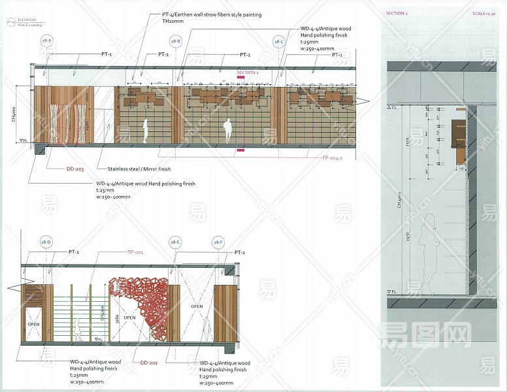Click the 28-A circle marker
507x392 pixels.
(46, 41)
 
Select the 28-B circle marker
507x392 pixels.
(175, 41)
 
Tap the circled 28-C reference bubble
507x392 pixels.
(279, 41)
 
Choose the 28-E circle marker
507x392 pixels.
(175, 242)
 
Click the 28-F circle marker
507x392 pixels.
(218, 242)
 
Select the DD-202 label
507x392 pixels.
(150, 362)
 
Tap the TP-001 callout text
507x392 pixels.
(135, 252)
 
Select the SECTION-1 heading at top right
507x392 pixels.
(397, 13)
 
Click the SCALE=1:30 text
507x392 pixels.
(484, 13)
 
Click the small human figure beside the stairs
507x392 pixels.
(76, 330)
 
